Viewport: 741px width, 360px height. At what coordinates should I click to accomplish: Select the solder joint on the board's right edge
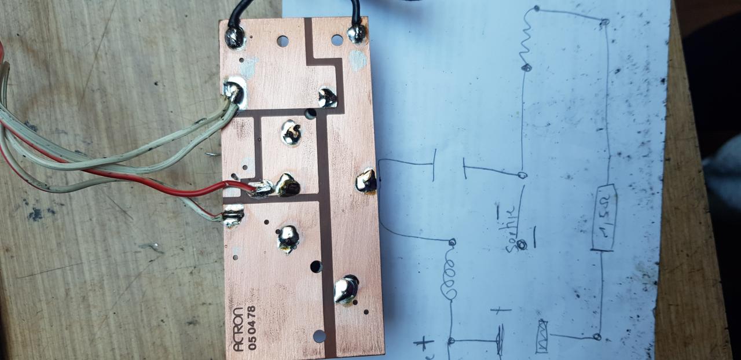click(367, 182)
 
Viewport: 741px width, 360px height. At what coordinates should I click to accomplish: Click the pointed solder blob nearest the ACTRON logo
click(346, 289)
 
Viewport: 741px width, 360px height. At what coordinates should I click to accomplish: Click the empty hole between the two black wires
click(283, 41)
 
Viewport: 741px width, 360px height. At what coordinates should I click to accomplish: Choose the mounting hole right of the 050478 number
click(319, 336)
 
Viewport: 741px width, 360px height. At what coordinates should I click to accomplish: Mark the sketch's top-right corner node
click(604, 23)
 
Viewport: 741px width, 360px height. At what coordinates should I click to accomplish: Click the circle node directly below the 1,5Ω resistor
click(597, 337)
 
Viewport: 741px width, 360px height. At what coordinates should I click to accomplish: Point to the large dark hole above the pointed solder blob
click(316, 267)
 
